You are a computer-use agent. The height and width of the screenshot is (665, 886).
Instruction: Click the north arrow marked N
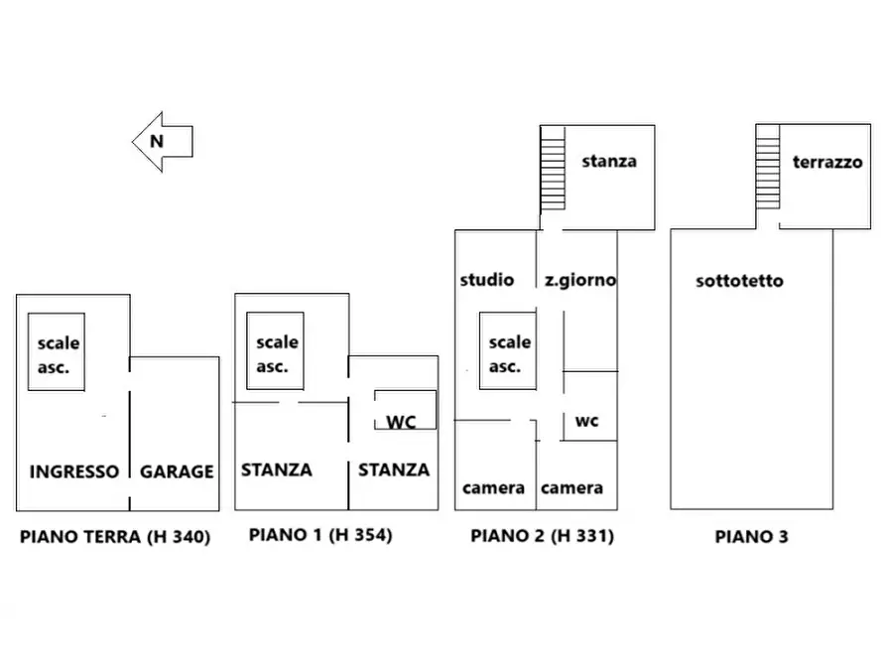(163, 141)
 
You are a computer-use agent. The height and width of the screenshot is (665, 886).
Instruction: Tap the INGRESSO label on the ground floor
(74, 471)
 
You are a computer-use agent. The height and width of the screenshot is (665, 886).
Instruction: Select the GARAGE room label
(177, 471)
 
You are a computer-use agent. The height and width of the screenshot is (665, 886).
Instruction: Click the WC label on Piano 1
(401, 422)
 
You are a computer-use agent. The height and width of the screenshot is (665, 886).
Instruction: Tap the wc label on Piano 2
(587, 421)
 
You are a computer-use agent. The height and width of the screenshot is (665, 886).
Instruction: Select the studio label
(487, 280)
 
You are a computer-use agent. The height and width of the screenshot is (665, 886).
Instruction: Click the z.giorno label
(580, 281)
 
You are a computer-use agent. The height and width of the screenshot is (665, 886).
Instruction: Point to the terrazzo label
(827, 163)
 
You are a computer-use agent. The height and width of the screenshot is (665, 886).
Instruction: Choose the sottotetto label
(739, 281)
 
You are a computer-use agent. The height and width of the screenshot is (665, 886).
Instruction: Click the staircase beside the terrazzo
(768, 168)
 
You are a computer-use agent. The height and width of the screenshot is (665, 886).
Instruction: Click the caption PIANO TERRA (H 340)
(115, 537)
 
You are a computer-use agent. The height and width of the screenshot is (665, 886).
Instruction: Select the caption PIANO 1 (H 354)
(320, 535)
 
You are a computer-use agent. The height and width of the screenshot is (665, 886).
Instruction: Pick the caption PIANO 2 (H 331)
(543, 536)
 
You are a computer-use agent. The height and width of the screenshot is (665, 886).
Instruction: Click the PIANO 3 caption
(751, 537)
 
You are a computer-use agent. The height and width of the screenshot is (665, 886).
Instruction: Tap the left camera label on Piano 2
(493, 488)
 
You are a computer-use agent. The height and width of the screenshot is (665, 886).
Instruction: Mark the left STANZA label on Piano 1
(277, 469)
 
